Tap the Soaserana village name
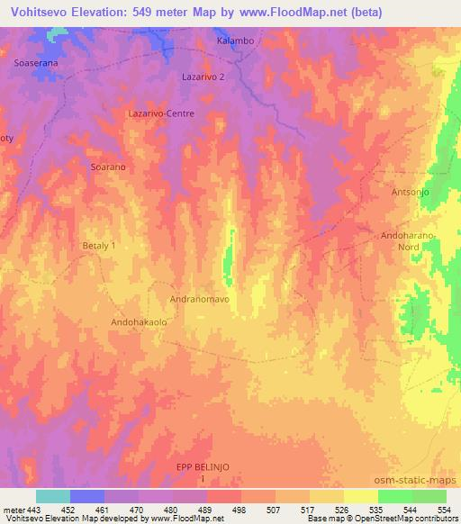click(37, 64)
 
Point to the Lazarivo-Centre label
click(162, 114)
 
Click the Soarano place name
click(107, 167)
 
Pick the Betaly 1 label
click(100, 245)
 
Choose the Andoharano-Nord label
click(409, 240)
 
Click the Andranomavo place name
click(200, 297)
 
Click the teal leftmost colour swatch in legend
click(53, 496)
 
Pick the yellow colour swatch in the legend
click(361, 496)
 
